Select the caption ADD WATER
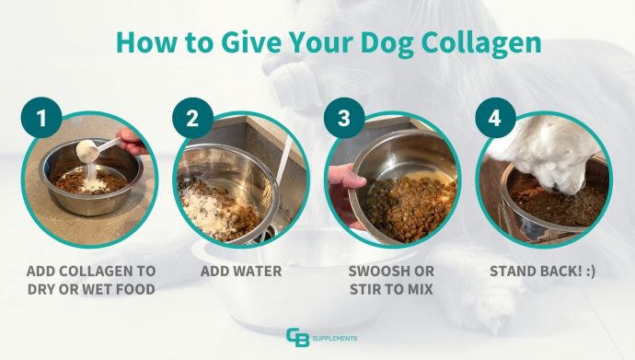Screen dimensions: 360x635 241,273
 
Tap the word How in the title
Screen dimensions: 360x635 142,43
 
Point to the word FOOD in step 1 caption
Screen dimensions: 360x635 133,290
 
